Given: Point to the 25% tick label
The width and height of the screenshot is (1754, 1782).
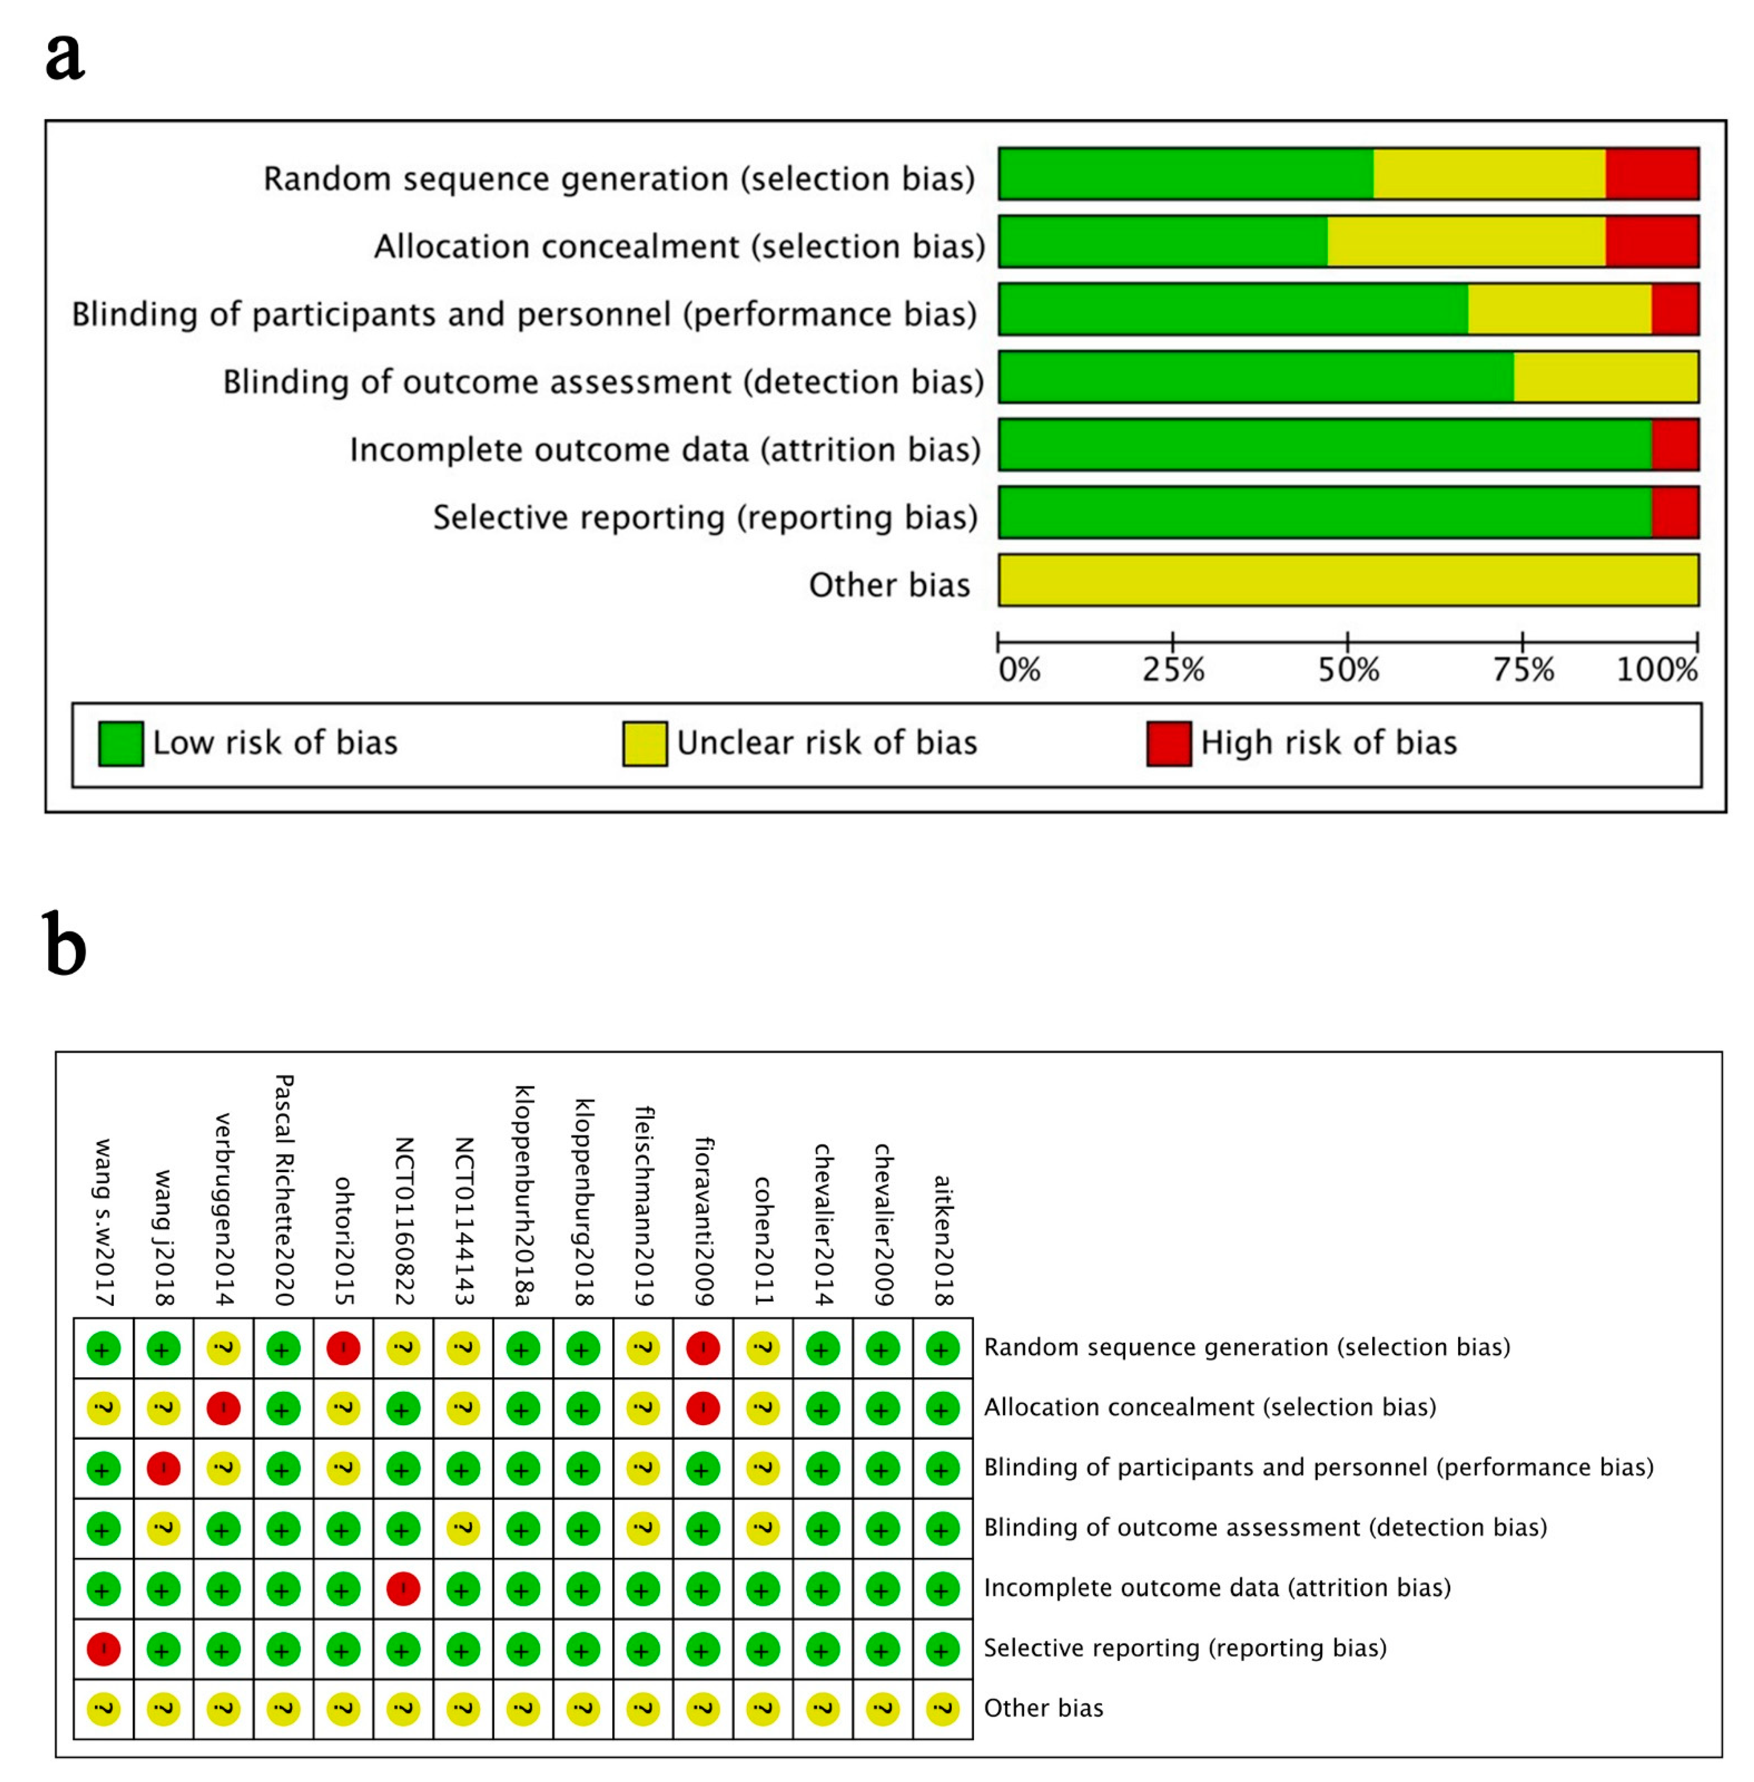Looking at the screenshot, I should (x=1173, y=669).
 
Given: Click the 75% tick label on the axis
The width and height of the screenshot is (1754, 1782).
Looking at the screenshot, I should (x=1523, y=669).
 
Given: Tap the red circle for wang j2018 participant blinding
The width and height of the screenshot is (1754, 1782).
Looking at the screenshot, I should (x=163, y=1469).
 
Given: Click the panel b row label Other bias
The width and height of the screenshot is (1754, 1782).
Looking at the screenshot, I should (x=1043, y=1708).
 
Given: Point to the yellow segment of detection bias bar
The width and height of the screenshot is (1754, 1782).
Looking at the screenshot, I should (x=1606, y=377).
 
